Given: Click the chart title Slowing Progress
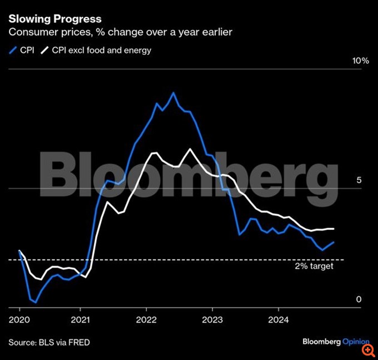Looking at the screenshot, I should pos(54,19).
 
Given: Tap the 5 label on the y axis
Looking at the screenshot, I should pos(359,180).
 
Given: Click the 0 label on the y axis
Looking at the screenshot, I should pos(359,299).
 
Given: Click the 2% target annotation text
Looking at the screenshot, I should pos(314,267).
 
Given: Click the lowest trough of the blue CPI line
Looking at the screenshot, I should pos(36,303).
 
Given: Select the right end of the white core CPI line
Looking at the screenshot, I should pos(334,229).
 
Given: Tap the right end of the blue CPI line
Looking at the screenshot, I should pos(334,242).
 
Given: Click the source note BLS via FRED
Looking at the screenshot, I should pos(49,342).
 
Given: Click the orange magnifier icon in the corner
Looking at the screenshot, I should pos(367,350).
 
